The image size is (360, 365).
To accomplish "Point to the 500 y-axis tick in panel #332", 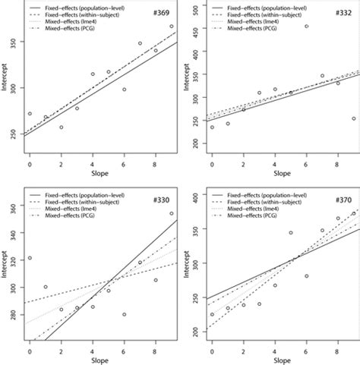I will click(x=189, y=11).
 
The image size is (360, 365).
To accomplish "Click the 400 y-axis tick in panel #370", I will click(x=189, y=197).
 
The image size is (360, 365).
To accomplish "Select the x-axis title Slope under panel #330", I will click(x=93, y=360).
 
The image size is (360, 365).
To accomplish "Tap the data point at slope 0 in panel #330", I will click(x=30, y=258).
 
